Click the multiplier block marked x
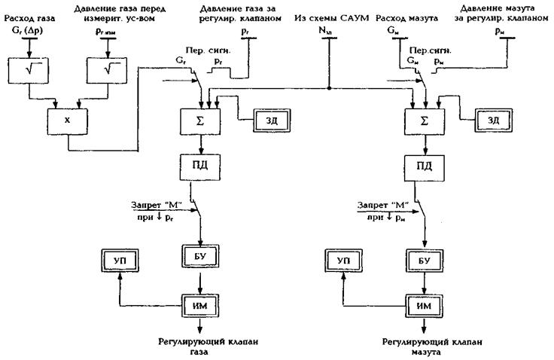coord(66,119)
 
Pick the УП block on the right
coord(343,258)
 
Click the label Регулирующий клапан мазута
coord(426,345)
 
